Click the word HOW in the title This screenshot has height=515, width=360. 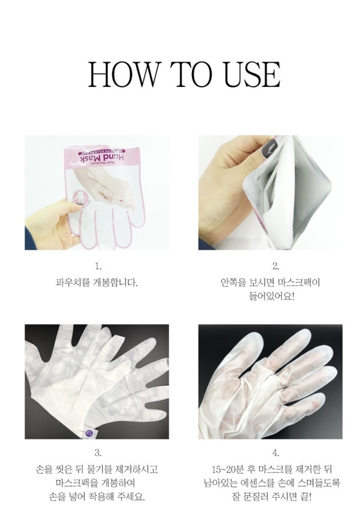123,74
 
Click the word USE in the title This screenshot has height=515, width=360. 252,74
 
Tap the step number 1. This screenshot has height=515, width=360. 97,267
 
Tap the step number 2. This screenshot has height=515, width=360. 275,267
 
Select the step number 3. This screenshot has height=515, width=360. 97,453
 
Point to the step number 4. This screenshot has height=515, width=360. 275,453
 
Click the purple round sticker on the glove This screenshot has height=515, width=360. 89,433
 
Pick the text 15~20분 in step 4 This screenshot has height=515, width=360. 228,469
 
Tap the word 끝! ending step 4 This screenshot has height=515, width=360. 305,496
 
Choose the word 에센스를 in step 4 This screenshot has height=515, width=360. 256,483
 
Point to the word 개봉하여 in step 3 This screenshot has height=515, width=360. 118,483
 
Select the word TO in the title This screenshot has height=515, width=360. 190,74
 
